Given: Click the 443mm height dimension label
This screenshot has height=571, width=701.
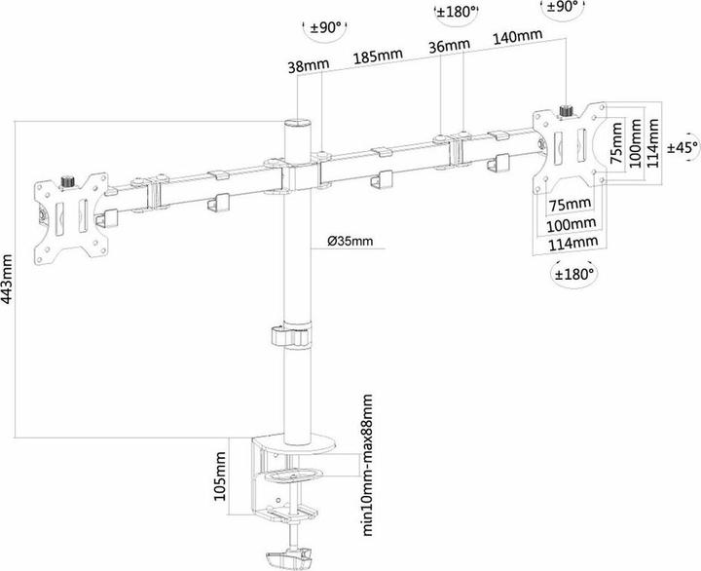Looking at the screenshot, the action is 9,279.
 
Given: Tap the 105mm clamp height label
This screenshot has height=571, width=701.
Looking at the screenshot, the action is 220,476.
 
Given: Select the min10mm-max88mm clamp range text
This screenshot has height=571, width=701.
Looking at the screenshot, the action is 367,465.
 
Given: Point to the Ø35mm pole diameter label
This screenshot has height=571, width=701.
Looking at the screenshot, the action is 350,241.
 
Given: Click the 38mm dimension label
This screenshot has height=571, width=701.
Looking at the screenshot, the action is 308,65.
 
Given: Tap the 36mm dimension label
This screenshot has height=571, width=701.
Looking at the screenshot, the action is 449,45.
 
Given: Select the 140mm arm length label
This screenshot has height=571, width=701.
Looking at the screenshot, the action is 518,36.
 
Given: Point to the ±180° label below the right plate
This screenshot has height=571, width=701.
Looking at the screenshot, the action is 575,273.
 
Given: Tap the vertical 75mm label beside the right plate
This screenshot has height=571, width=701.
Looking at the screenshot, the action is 616,143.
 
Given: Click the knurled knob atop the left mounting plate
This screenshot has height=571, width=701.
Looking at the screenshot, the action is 68,182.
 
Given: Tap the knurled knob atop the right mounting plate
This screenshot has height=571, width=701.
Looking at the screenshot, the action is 567,110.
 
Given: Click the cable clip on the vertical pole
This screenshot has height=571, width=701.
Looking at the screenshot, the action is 290,335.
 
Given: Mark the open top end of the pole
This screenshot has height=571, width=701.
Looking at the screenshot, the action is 298,123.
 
